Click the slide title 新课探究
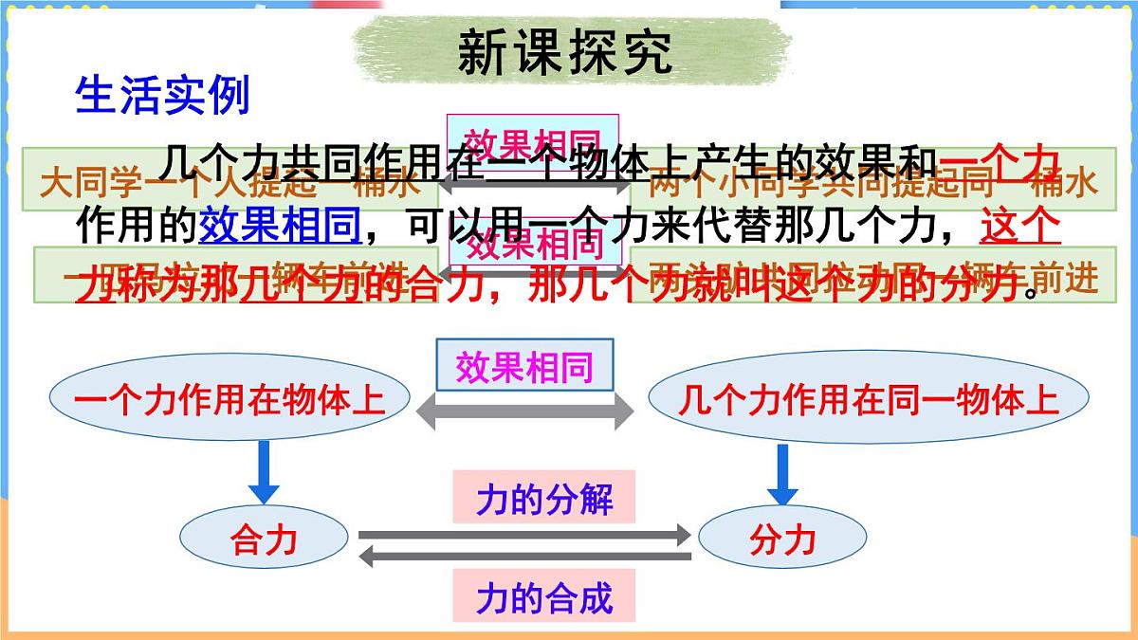[566, 52]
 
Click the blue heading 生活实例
[162, 96]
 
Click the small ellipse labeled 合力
[263, 540]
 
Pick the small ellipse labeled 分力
[782, 540]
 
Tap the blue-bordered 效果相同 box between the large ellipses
[524, 366]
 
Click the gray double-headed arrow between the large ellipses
[524, 411]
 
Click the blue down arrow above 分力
[781, 472]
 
